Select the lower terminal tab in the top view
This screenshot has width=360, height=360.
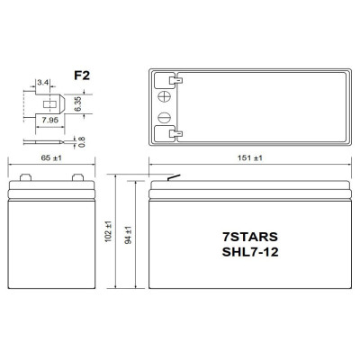click(175, 135)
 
